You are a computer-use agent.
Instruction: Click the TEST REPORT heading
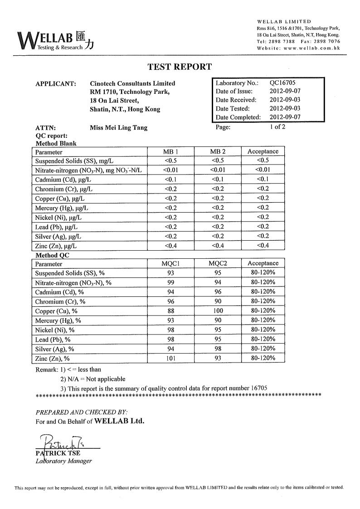[180, 67]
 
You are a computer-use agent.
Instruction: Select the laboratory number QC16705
[282, 83]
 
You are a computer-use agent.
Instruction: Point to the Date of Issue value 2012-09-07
[285, 92]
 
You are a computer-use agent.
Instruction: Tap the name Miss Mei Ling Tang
[118, 127]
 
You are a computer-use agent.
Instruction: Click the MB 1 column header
[170, 151]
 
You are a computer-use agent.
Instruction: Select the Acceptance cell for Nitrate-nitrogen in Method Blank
[263, 170]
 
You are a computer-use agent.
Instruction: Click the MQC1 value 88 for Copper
[170, 311]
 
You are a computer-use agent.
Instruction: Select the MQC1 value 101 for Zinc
[170, 359]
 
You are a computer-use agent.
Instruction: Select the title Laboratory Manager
[63, 461]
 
